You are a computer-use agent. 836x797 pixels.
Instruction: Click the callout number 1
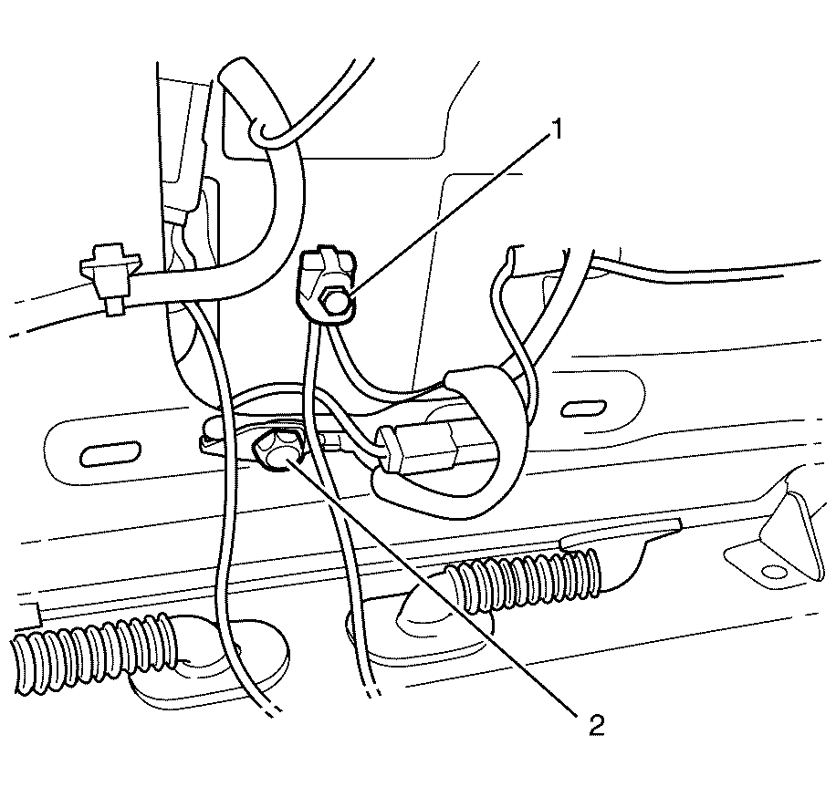pyautogui.click(x=556, y=130)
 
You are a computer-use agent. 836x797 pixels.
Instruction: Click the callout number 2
pyautogui.click(x=596, y=725)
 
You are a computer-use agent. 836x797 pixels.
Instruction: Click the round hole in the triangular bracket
pyautogui.click(x=775, y=573)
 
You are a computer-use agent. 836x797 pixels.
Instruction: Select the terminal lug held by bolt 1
pyautogui.click(x=325, y=287)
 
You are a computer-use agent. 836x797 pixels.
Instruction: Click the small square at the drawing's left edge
pyautogui.click(x=31, y=614)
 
